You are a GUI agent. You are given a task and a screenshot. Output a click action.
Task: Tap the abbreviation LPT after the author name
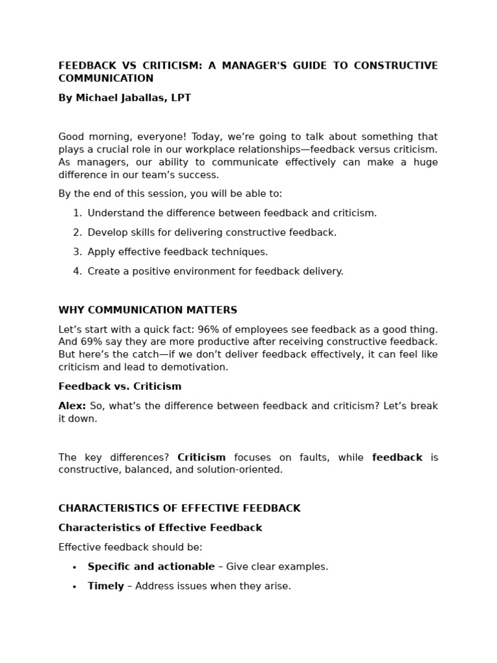click(181, 98)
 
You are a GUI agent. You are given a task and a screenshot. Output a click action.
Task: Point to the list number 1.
click(77, 213)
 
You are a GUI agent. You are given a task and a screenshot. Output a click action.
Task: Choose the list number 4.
click(77, 271)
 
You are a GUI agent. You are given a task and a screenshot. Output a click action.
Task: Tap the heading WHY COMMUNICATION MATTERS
click(148, 310)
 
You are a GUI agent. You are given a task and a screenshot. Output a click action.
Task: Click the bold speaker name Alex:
click(72, 406)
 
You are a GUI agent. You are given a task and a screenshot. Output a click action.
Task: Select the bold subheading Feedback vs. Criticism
click(120, 387)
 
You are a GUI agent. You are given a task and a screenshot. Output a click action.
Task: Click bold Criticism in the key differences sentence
click(201, 457)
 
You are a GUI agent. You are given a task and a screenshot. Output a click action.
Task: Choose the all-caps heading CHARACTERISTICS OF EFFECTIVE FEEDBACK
click(179, 508)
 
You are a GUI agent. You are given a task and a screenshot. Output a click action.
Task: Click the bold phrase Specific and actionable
click(151, 567)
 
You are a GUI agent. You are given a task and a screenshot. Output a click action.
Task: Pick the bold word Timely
click(105, 586)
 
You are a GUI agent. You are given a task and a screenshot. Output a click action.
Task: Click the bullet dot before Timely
click(74, 587)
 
